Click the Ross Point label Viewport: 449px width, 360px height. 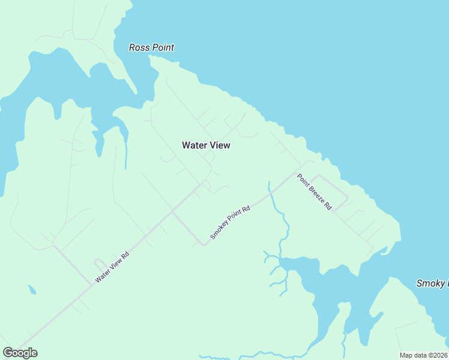coord(152,47)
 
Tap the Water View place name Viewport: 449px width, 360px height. coord(206,145)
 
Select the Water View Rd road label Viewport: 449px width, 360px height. coord(112,267)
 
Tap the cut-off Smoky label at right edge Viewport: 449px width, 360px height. coord(432,283)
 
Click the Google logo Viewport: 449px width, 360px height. coord(20,353)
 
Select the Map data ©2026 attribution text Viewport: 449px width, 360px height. coord(423,355)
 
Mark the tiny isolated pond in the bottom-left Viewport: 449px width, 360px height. coord(32,290)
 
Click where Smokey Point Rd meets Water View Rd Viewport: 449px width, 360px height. coord(172,211)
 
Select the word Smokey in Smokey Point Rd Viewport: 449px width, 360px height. coord(217,231)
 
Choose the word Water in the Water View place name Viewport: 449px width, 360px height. coord(194,145)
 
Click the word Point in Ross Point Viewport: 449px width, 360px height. coord(163,47)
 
